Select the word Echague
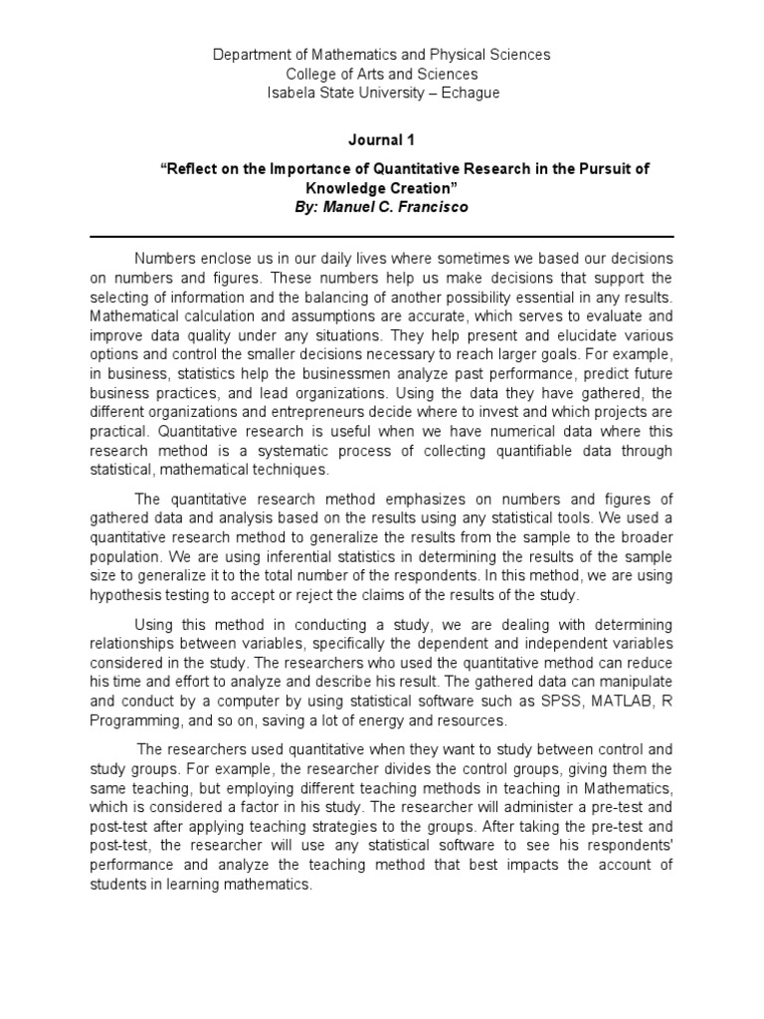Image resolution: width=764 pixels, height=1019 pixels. pyautogui.click(x=465, y=93)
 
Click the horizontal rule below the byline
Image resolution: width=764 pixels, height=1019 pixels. pyautogui.click(x=382, y=237)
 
